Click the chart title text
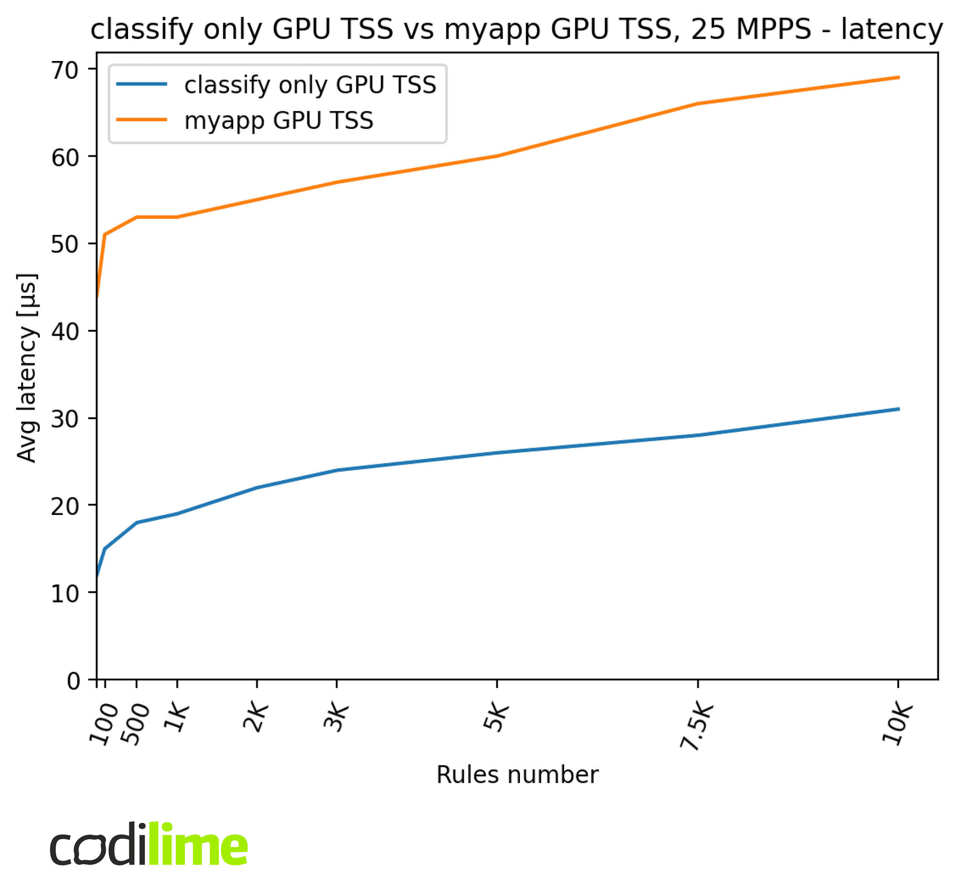(x=516, y=30)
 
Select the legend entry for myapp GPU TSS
(x=278, y=120)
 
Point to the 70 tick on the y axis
(x=64, y=70)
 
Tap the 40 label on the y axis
(x=64, y=331)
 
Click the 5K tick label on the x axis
(x=496, y=718)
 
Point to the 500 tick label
(x=135, y=724)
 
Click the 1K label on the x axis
(x=176, y=718)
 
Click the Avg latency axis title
(x=27, y=368)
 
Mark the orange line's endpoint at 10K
(x=898, y=77)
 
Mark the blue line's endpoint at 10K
(x=898, y=409)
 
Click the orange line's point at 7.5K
(x=697, y=103)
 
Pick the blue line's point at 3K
(x=337, y=470)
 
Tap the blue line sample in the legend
(x=141, y=84)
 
